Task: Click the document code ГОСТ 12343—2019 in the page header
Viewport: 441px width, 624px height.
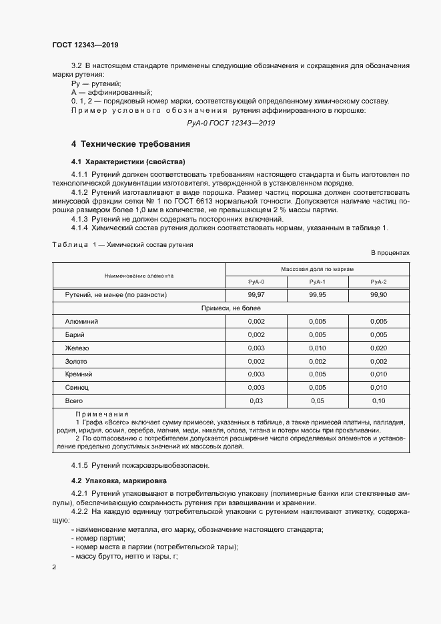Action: pyautogui.click(x=85, y=45)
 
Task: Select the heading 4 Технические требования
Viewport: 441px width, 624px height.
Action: pyautogui.click(x=131, y=144)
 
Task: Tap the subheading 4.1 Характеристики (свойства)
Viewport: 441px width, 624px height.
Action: pyautogui.click(x=128, y=162)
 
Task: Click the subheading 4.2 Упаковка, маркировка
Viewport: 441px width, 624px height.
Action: pyautogui.click(x=119, y=481)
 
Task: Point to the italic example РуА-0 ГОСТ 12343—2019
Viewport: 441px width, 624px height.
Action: pyautogui.click(x=231, y=123)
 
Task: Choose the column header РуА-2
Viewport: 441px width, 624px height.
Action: pyautogui.click(x=378, y=282)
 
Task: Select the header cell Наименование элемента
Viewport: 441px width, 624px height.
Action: pyautogui.click(x=139, y=275)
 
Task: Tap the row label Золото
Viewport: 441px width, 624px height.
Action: pyautogui.click(x=76, y=361)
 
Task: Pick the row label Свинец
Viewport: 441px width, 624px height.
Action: pyautogui.click(x=77, y=387)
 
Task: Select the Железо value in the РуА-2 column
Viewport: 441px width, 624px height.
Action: pyautogui.click(x=378, y=348)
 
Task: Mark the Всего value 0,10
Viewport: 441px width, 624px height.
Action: pyautogui.click(x=378, y=400)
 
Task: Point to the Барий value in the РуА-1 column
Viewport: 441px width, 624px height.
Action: pyautogui.click(x=317, y=335)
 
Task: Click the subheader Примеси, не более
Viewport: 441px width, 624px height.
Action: pyautogui.click(x=231, y=308)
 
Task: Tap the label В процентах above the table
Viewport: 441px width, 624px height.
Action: pyautogui.click(x=390, y=253)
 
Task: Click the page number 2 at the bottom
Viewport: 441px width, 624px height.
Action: pyautogui.click(x=54, y=567)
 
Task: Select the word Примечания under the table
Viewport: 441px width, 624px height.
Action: pyautogui.click(x=101, y=414)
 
